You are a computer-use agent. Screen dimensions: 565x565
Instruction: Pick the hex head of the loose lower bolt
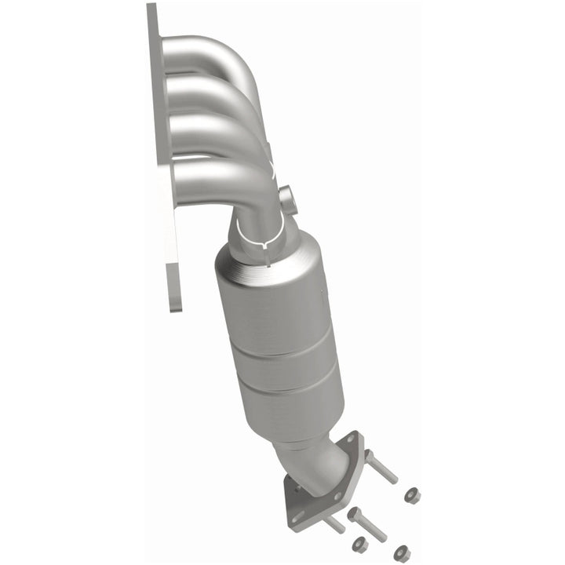(355, 514)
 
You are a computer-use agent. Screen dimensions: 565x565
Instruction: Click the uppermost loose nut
(411, 495)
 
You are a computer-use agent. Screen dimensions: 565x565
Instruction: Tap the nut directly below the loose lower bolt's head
(360, 543)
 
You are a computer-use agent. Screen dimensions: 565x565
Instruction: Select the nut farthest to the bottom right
(403, 552)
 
